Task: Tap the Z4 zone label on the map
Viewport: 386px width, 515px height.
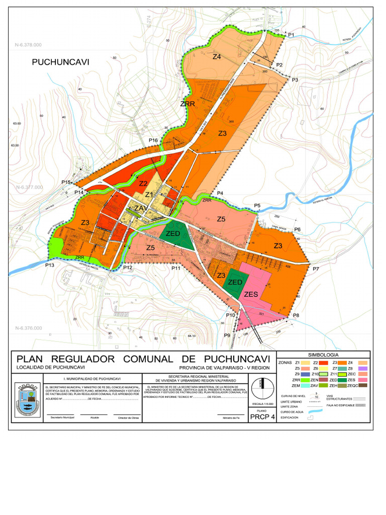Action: coord(217,57)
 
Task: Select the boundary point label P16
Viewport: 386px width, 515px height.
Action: coord(153,140)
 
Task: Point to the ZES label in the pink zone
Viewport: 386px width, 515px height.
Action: coord(251,294)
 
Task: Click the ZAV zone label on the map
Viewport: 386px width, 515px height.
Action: coord(141,208)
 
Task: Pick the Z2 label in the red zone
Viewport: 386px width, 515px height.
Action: coord(143,183)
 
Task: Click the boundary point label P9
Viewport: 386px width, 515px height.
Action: coord(227,335)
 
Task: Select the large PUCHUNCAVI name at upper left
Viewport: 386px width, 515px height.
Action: coord(60,62)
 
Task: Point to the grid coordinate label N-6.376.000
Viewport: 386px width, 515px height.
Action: coord(29,328)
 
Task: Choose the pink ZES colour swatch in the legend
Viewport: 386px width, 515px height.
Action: coord(365,380)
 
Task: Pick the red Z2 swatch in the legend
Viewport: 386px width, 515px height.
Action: coord(324,362)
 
